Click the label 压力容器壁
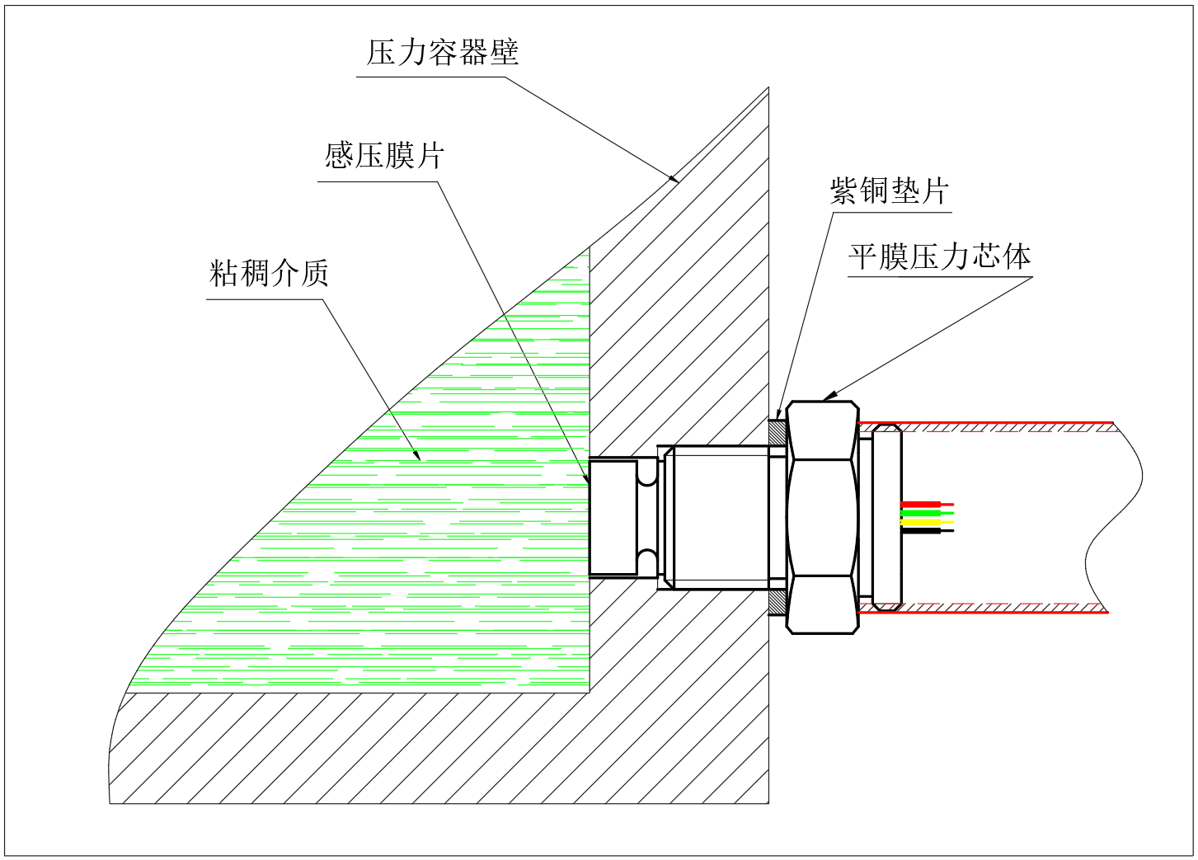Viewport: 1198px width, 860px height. click(443, 53)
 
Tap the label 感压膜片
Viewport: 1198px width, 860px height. click(384, 155)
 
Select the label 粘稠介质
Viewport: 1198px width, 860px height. click(269, 272)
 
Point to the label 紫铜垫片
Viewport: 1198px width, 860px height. click(889, 190)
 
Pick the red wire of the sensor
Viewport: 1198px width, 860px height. click(925, 504)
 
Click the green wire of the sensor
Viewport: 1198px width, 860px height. click(925, 513)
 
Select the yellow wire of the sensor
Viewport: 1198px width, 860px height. click(925, 522)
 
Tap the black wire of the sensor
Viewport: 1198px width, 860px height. click(925, 530)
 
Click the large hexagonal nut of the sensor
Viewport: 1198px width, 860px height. click(822, 517)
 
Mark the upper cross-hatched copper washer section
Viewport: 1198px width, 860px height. click(777, 433)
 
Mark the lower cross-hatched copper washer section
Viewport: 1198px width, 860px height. click(777, 602)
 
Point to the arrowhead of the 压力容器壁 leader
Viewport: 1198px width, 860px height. click(674, 178)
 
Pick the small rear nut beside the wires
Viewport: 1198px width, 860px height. click(886, 517)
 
